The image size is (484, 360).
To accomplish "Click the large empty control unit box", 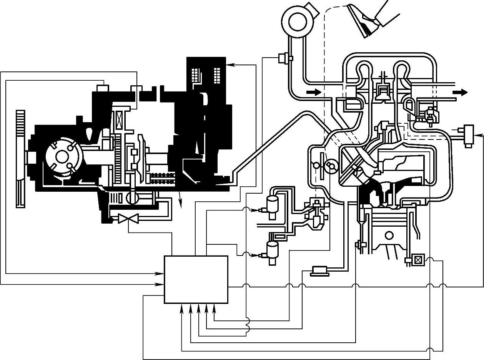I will pyautogui.click(x=196, y=279).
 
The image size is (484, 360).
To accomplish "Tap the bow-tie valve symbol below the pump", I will pyautogui.click(x=128, y=219).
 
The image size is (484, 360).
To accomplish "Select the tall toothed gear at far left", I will pyautogui.click(x=20, y=158).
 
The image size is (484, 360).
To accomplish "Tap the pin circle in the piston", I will pyautogui.click(x=389, y=235).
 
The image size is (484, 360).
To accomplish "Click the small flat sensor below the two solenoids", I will pyautogui.click(x=320, y=271).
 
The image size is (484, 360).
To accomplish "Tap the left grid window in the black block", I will pyautogui.click(x=196, y=75).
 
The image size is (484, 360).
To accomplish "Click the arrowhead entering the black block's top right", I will pyautogui.click(x=230, y=65).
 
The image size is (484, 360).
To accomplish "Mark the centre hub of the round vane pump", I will pyautogui.click(x=62, y=156).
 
